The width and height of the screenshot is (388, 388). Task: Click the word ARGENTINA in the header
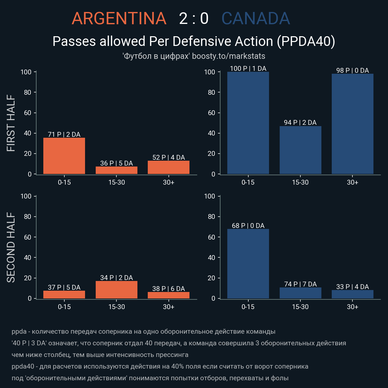click(119, 19)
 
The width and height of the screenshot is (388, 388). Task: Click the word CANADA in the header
click(255, 19)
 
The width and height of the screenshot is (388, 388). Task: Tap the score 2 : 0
click(194, 19)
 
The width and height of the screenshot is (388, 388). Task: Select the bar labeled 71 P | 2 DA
click(64, 156)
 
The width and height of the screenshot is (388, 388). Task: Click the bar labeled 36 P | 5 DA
click(116, 170)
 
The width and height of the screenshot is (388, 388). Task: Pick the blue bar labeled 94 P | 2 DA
click(300, 150)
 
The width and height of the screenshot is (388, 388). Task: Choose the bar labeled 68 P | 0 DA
click(248, 264)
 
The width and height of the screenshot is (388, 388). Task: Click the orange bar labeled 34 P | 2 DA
click(116, 290)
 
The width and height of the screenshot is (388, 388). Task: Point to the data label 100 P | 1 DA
click(248, 69)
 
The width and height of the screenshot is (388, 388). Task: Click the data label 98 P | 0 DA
click(352, 70)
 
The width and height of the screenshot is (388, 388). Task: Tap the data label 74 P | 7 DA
click(300, 284)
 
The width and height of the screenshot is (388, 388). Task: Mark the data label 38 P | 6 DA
click(168, 289)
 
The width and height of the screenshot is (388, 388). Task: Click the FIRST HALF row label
click(11, 123)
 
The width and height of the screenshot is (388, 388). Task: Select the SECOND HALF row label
click(11, 247)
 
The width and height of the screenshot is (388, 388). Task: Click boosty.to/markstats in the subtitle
click(229, 56)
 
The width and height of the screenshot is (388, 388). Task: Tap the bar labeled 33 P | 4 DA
click(352, 294)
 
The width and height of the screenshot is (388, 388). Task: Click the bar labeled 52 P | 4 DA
click(168, 167)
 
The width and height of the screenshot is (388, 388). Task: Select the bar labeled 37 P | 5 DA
click(64, 295)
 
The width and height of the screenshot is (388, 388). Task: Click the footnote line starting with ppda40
click(160, 366)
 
